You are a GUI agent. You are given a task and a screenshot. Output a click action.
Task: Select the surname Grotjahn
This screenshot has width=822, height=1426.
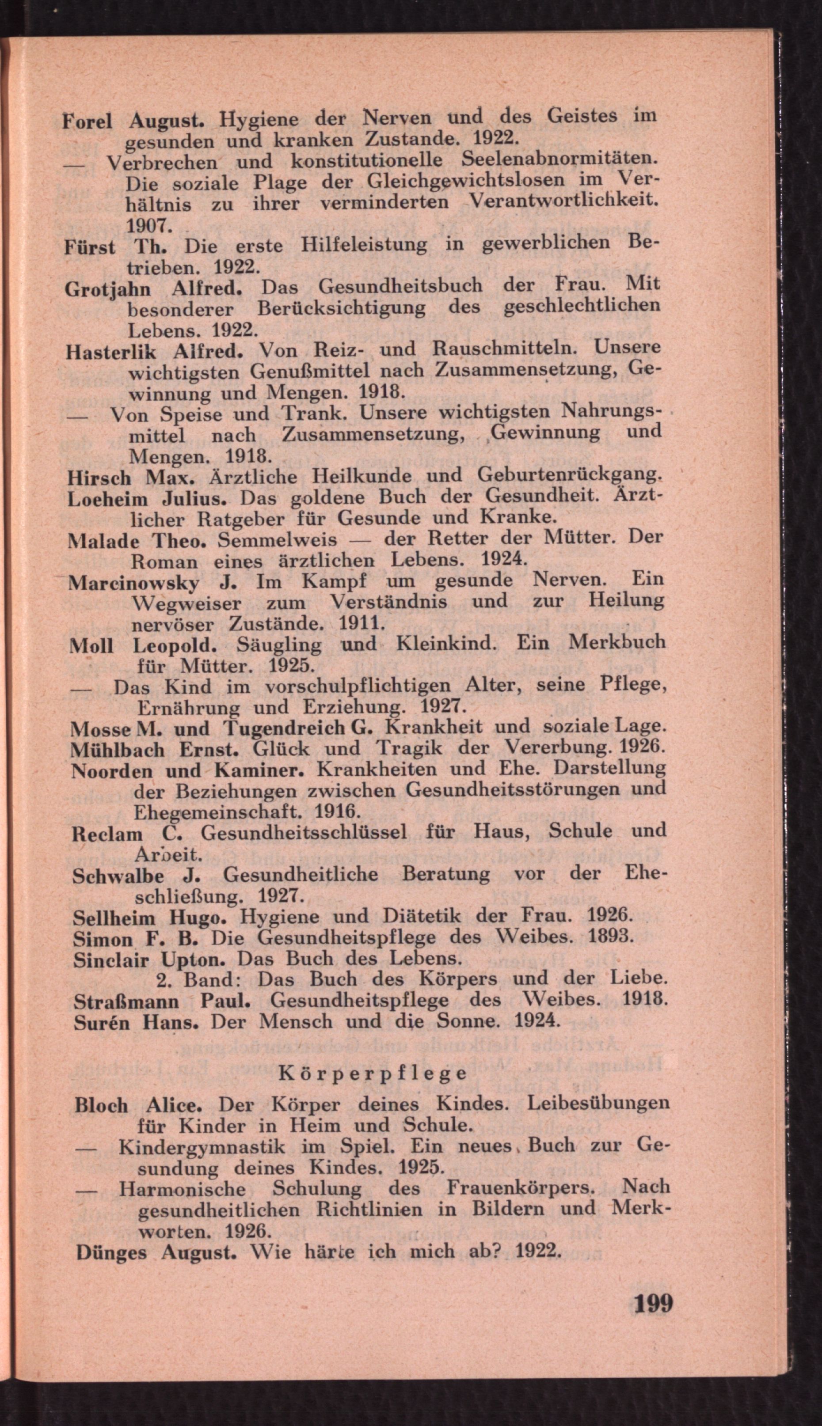[x=108, y=289]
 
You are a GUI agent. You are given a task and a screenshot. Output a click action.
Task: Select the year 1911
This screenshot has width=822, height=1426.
[x=362, y=624]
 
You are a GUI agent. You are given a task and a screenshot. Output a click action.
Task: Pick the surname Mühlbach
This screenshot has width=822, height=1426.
[x=118, y=750]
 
